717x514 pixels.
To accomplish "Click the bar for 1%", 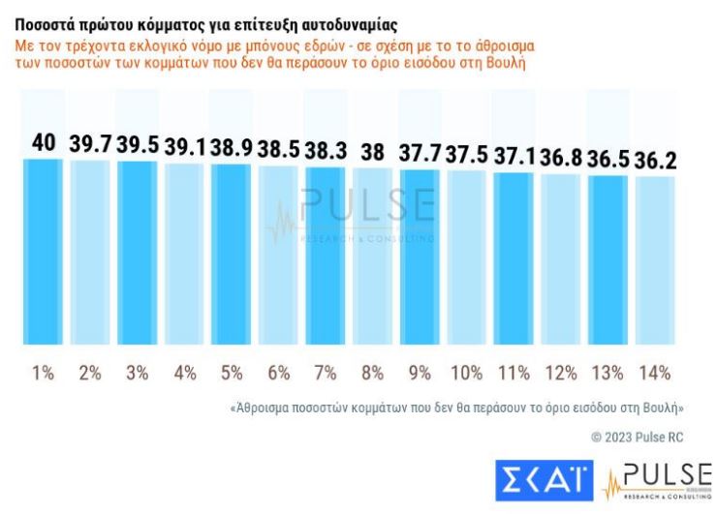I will pyautogui.click(x=44, y=252).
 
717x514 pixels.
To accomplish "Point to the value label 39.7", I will pyautogui.click(x=90, y=143).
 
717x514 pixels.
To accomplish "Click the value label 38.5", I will pyautogui.click(x=279, y=148).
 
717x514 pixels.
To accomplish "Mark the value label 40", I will pyautogui.click(x=44, y=141).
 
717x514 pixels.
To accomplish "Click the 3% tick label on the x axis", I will pyautogui.click(x=138, y=372).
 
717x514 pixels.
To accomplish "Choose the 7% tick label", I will pyautogui.click(x=326, y=372).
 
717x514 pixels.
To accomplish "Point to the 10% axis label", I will pyautogui.click(x=467, y=372).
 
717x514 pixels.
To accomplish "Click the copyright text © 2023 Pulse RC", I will pyautogui.click(x=637, y=438).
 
